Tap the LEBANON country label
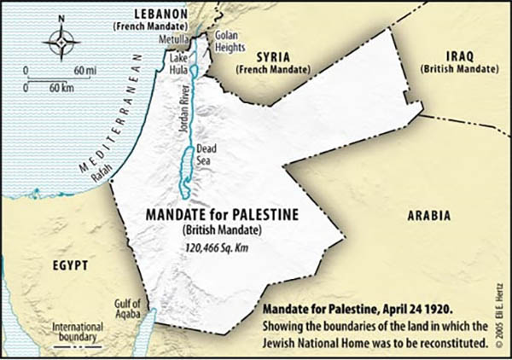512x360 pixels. pyautogui.click(x=160, y=15)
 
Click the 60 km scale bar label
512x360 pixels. pyautogui.click(x=60, y=87)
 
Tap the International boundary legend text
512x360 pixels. pyautogui.click(x=79, y=332)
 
